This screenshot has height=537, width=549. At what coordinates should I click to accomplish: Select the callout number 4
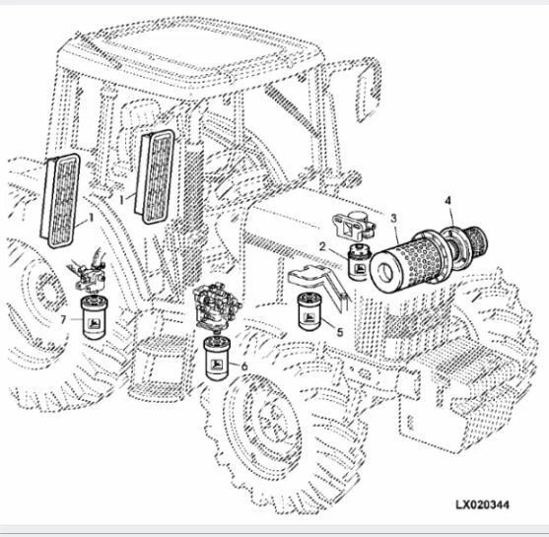point(448,201)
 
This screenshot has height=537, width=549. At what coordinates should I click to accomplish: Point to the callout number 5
point(340,332)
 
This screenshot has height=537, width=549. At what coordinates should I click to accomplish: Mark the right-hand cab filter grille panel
point(156,174)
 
